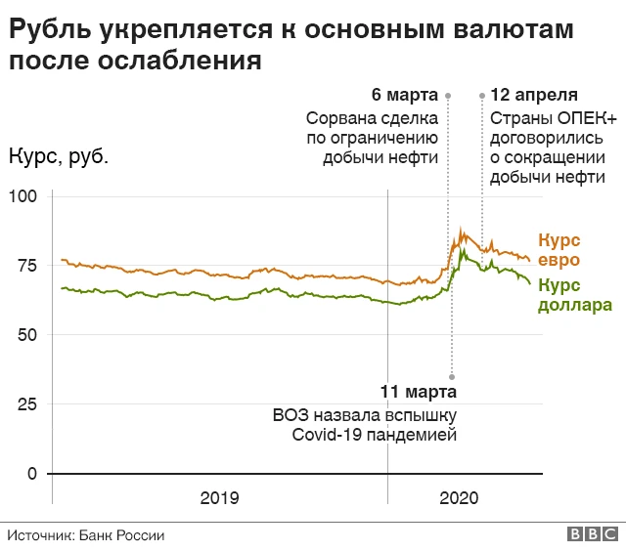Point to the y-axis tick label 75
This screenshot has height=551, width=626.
click(25, 266)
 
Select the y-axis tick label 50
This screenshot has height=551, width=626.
click(25, 335)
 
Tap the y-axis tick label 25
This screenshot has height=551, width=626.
click(25, 404)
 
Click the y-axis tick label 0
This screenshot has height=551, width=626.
click(30, 474)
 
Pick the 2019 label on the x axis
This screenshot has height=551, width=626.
click(219, 498)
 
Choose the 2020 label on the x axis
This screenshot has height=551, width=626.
click(459, 498)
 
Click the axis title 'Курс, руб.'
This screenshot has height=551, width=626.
click(58, 156)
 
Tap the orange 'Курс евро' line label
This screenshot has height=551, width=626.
click(559, 249)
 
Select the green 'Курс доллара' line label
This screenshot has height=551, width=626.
click(575, 295)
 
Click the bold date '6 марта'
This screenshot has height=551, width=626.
click(404, 95)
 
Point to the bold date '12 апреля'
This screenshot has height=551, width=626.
click(534, 95)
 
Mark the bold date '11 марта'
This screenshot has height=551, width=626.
click(418, 392)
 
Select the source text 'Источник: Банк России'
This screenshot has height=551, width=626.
click(86, 535)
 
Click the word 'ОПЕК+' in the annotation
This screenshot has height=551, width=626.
click(587, 116)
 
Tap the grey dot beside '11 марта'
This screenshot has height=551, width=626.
click(451, 376)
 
